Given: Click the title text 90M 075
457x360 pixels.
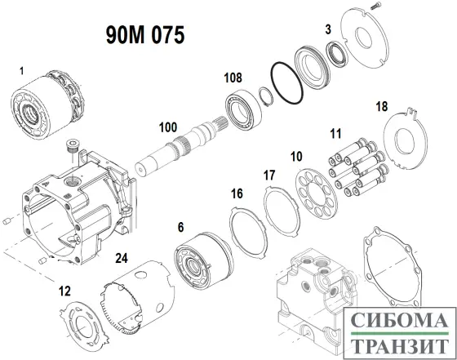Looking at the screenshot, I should [144, 35].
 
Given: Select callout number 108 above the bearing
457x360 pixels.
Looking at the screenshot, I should [233, 78].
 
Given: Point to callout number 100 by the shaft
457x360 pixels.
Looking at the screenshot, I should [167, 127].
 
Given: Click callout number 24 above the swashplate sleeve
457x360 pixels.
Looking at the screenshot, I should [121, 256].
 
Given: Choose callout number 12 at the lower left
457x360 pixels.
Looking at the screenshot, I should [65, 290].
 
